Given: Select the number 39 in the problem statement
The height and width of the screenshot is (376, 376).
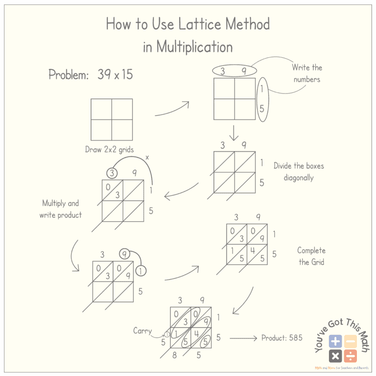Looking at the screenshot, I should pos(104,75).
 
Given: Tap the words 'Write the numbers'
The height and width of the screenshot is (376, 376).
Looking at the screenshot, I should pos(307,73).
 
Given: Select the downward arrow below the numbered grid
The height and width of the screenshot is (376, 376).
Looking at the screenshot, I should pos(234,133).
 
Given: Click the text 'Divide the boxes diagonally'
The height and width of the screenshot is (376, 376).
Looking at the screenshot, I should pos(299,171).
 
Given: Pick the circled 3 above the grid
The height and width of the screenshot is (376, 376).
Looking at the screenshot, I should pos(112,173).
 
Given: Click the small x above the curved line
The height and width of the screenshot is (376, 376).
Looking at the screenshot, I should pos(147,158).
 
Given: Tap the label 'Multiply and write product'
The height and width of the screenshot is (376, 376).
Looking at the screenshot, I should pos(61,209).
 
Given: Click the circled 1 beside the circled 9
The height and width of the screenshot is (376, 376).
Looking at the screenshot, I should pos(141,270).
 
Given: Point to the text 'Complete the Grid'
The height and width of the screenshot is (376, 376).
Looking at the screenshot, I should pos(311,256).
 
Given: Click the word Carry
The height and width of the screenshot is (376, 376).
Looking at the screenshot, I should pos(143,331).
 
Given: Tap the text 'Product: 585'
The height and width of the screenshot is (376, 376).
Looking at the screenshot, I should pos(282,338).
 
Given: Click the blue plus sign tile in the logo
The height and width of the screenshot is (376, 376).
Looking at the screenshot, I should pos(335,341).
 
